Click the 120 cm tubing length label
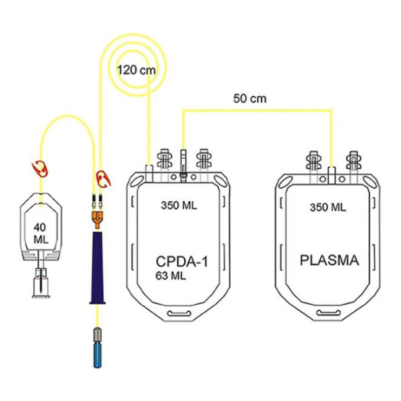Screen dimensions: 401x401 pyautogui.click(x=136, y=70)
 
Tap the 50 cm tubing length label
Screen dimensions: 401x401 pyautogui.click(x=249, y=98)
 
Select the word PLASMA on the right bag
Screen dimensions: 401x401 pyautogui.click(x=329, y=260)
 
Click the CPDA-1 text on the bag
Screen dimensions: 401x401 pyautogui.click(x=182, y=261)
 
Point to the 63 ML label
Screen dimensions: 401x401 pyautogui.click(x=170, y=275)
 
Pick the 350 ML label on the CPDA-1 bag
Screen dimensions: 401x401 pyautogui.click(x=179, y=205)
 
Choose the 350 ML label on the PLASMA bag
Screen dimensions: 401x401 pyautogui.click(x=328, y=207)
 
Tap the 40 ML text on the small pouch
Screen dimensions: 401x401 pyautogui.click(x=41, y=233)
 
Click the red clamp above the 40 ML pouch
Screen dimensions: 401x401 pyautogui.click(x=40, y=168)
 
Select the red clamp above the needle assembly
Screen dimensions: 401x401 pyautogui.click(x=103, y=178)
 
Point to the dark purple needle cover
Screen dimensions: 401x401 pyautogui.click(x=97, y=268)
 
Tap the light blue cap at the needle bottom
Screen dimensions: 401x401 pyautogui.click(x=98, y=356)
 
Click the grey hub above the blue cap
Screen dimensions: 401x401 pyautogui.click(x=97, y=335)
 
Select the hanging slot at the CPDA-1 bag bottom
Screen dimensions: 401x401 pyautogui.click(x=179, y=313)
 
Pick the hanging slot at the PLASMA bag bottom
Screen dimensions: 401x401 pyautogui.click(x=328, y=313)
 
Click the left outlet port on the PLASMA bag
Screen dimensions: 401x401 pyautogui.click(x=314, y=161)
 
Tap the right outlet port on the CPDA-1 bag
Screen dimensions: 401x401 pyautogui.click(x=204, y=159)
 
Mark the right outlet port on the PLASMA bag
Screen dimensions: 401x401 pyautogui.click(x=354, y=161)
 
